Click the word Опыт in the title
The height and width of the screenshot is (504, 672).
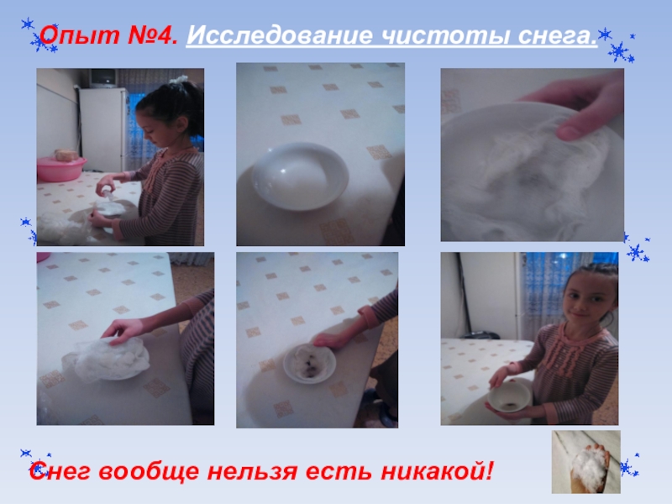79,35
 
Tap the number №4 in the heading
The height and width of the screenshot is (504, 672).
152,34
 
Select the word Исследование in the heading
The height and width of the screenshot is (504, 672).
280,35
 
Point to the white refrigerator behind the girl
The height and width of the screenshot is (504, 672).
103,129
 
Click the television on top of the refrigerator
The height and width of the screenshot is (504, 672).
103,78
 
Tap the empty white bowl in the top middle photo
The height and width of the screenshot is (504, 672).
300,176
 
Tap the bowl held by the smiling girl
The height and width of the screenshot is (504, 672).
509,396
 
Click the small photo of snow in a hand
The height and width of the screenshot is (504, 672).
585,461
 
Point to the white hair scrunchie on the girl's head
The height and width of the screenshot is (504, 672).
179,79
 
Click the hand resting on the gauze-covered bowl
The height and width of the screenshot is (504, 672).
123,331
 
